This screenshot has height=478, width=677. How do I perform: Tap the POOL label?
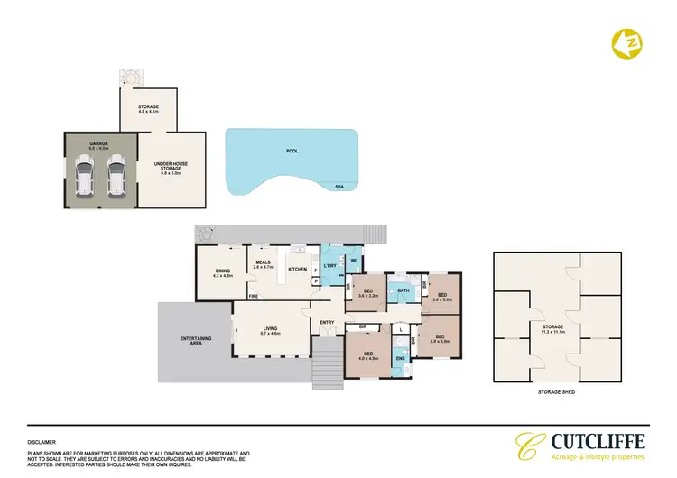pyautogui.click(x=291, y=152)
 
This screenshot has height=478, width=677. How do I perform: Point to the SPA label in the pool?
pyautogui.click(x=340, y=187)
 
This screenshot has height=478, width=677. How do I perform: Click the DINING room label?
pyautogui.click(x=223, y=272)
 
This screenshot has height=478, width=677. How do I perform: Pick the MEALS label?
pyautogui.click(x=263, y=262)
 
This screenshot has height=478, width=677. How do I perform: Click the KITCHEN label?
pyautogui.click(x=298, y=269)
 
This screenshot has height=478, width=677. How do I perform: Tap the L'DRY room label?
pyautogui.click(x=329, y=268)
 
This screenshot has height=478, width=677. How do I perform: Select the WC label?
pyautogui.click(x=354, y=262)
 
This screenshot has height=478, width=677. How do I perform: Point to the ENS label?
pyautogui.click(x=401, y=358)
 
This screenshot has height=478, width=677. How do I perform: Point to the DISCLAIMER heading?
pyautogui.click(x=42, y=442)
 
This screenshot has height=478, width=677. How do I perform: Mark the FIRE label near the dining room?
pyautogui.click(x=255, y=296)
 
